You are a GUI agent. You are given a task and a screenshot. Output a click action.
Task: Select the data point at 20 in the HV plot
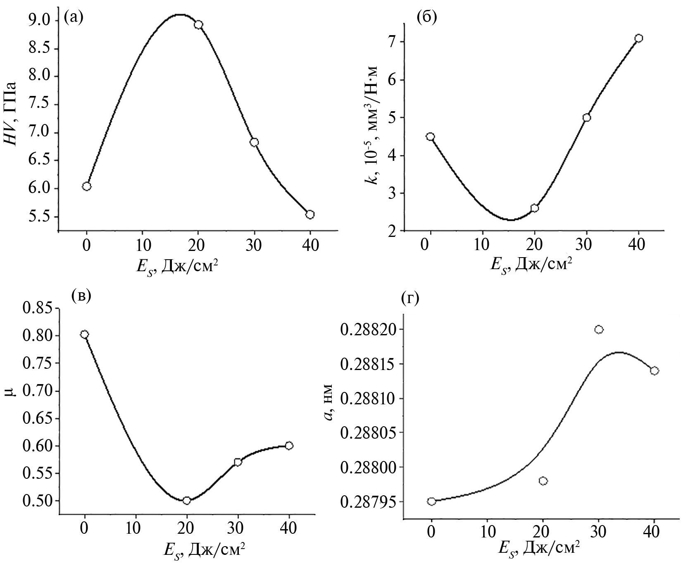[x=198, y=25]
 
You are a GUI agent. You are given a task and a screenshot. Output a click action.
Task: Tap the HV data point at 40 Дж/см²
[x=310, y=214]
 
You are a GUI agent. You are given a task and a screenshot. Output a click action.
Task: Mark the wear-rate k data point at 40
[x=638, y=38]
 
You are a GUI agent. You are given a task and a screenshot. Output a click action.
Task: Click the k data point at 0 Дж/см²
[x=430, y=137]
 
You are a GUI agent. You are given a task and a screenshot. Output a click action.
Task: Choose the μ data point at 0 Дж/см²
[x=84, y=334]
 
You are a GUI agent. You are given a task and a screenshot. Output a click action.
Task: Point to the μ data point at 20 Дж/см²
[x=187, y=500]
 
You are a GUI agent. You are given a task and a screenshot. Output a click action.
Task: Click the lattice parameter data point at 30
[x=599, y=330]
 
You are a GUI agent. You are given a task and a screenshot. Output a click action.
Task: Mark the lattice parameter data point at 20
[x=543, y=481]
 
